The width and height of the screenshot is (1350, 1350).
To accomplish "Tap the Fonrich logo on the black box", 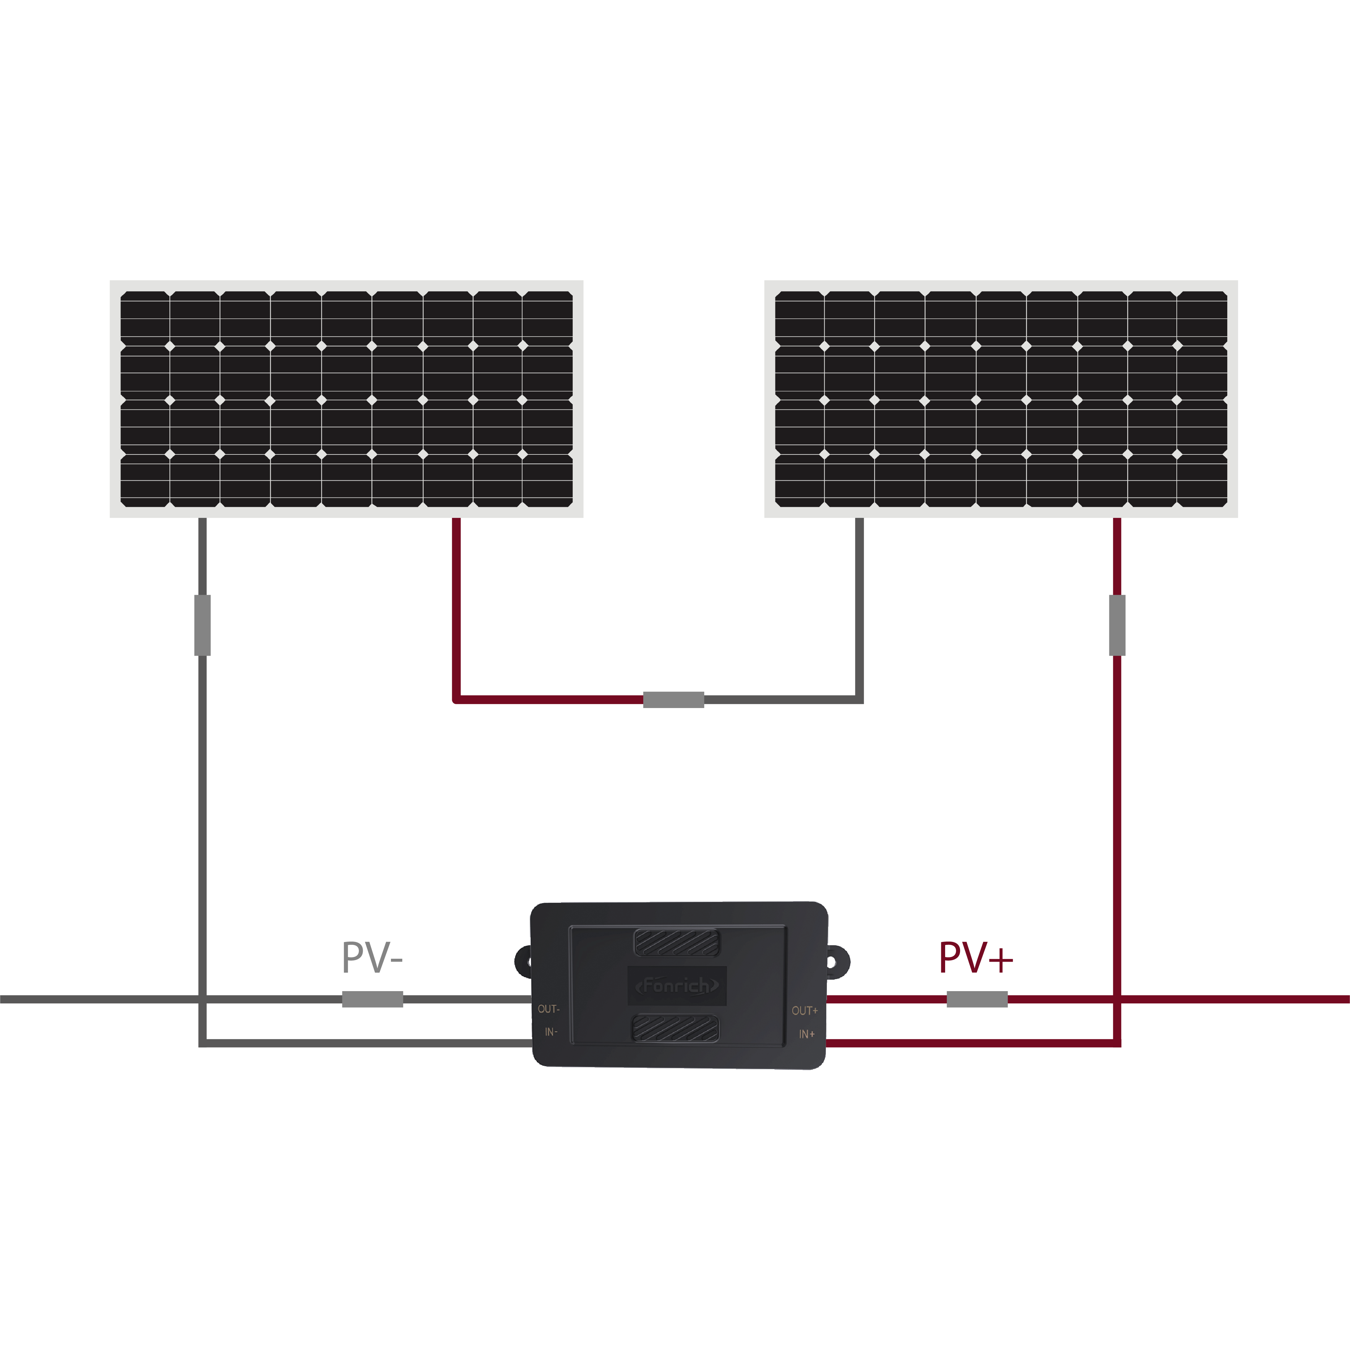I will (676, 986).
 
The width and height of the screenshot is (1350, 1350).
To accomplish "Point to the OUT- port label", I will (549, 1009).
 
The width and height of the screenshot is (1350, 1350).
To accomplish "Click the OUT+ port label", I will (804, 1011).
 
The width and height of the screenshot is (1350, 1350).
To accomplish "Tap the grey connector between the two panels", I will (674, 700).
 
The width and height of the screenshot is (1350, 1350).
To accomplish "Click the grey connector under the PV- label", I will (372, 999).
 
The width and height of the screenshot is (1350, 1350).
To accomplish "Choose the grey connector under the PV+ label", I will (977, 999).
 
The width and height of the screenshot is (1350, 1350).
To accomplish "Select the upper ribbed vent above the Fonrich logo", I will (676, 942).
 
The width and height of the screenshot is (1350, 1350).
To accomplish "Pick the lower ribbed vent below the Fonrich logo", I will (675, 1029).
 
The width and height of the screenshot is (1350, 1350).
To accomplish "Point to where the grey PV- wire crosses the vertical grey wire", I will (203, 999).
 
